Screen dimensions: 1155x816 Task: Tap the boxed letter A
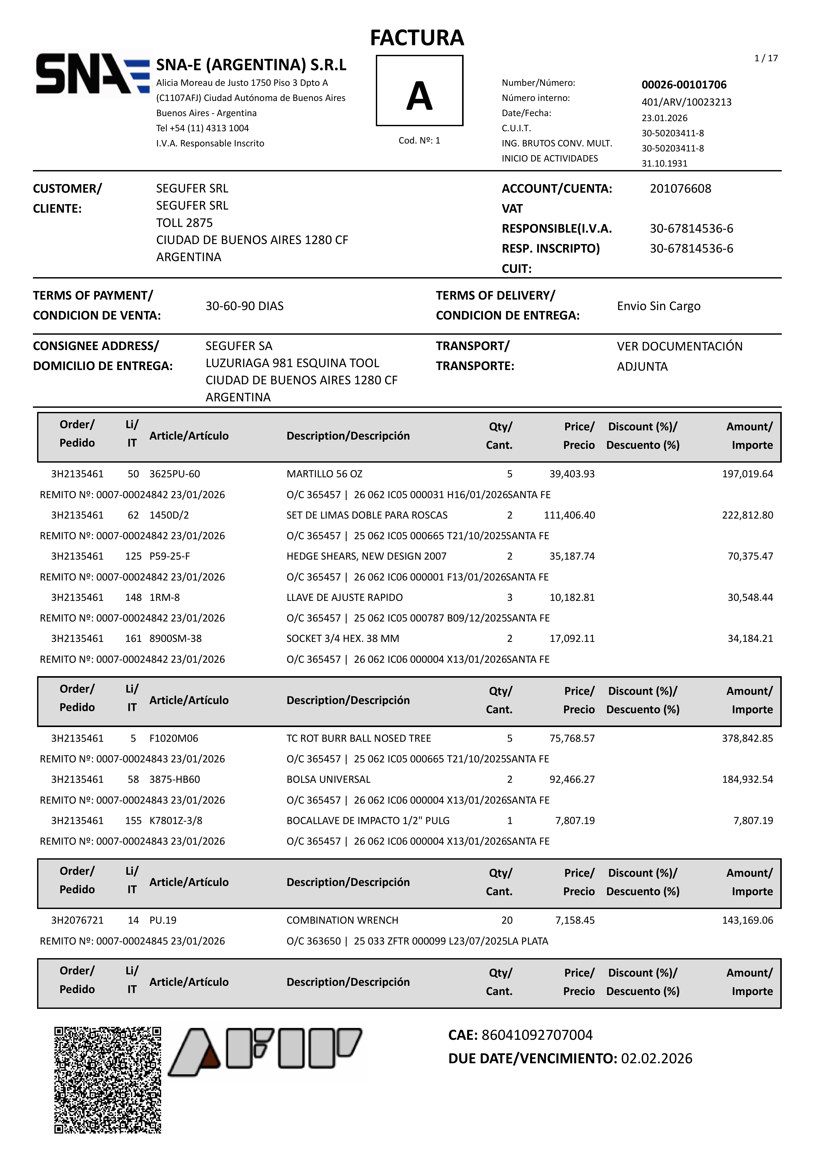(419, 91)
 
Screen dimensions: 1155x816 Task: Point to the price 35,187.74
(572, 556)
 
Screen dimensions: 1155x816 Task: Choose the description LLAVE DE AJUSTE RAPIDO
(345, 598)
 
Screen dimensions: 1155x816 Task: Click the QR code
(108, 1080)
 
